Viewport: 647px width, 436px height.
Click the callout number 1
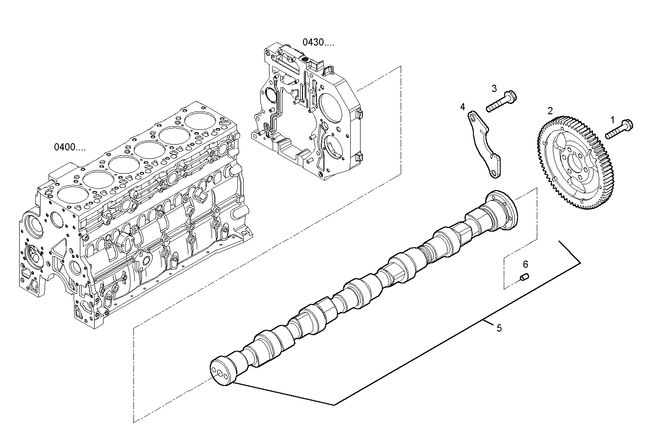613,120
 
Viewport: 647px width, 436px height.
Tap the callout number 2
550,110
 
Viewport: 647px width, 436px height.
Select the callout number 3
494,88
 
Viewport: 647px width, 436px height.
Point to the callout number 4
463,107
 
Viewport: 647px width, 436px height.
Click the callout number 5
499,328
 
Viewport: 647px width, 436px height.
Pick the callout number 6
525,264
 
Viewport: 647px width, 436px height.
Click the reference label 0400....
70,146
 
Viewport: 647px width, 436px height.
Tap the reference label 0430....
318,43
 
